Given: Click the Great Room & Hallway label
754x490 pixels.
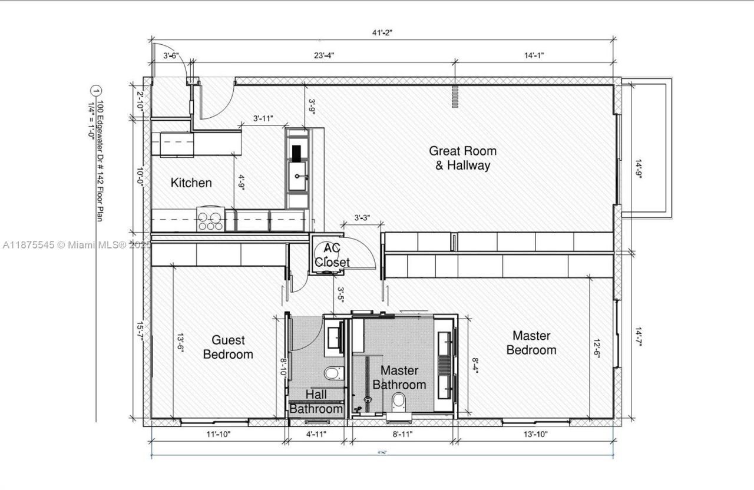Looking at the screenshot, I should pyautogui.click(x=462, y=158).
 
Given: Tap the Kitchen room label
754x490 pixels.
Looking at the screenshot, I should pyautogui.click(x=191, y=183).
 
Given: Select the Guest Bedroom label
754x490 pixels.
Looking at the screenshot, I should pyautogui.click(x=228, y=347).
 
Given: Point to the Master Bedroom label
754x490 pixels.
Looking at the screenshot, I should pyautogui.click(x=531, y=343).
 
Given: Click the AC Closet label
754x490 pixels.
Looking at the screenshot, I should pyautogui.click(x=332, y=255).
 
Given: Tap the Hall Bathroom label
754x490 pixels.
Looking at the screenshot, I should pyautogui.click(x=316, y=401).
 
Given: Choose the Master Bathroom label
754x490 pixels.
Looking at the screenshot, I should pyautogui.click(x=399, y=378).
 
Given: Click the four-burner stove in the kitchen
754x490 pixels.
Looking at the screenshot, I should pyautogui.click(x=210, y=220).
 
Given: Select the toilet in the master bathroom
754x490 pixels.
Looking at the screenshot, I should pyautogui.click(x=399, y=403).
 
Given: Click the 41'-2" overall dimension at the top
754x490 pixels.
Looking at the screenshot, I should pyautogui.click(x=382, y=33).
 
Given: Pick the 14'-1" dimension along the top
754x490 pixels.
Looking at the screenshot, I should pyautogui.click(x=534, y=55).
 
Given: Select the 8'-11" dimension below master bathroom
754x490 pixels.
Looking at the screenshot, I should pyautogui.click(x=402, y=435).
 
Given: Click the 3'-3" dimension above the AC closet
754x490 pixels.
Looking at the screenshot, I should pyautogui.click(x=362, y=217).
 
